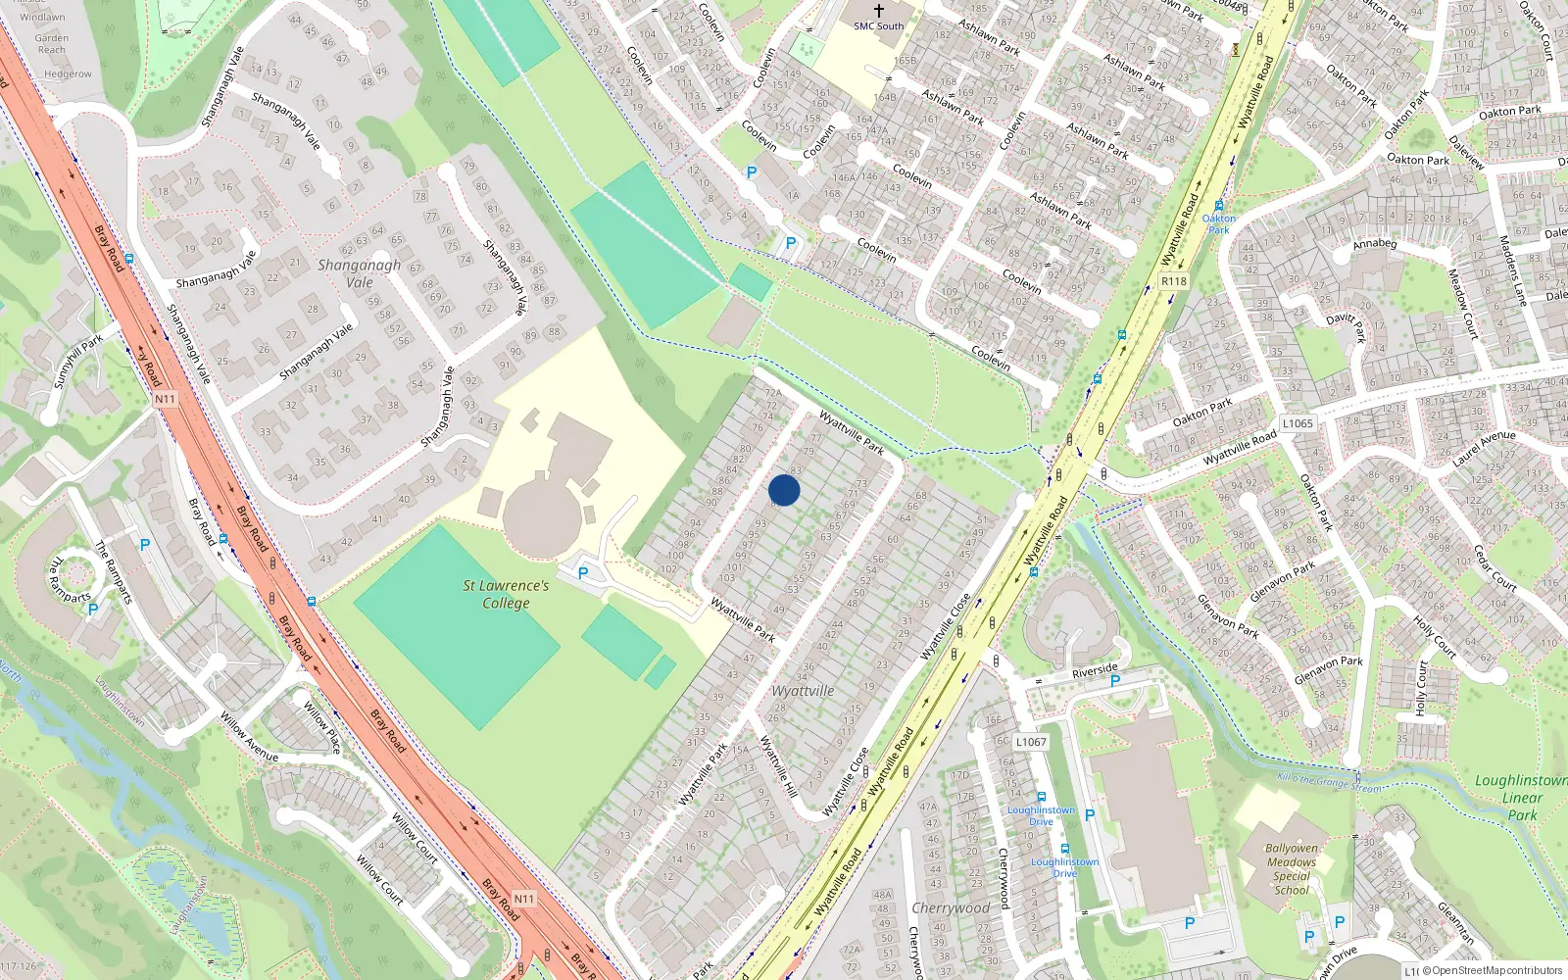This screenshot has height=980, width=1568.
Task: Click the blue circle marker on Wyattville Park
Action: click(x=784, y=490)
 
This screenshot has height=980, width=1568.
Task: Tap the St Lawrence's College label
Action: click(x=506, y=594)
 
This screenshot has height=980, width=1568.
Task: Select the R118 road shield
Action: click(x=1173, y=281)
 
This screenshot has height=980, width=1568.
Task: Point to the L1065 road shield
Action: click(x=1298, y=423)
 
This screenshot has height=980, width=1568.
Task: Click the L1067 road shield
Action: click(x=1031, y=742)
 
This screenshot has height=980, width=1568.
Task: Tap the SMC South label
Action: click(x=878, y=26)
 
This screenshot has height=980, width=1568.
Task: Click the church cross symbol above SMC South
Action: click(x=878, y=11)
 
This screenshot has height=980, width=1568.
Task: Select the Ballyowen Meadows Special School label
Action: click(x=1291, y=869)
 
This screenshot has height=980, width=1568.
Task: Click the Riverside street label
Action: click(x=1095, y=671)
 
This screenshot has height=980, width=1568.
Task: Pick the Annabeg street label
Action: click(x=1374, y=243)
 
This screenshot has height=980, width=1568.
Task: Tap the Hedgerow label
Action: click(x=68, y=73)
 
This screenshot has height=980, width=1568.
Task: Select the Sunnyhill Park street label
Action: click(x=78, y=362)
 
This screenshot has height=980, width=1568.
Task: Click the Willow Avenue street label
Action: click(x=249, y=737)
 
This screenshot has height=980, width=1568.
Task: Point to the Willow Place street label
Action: click(x=321, y=727)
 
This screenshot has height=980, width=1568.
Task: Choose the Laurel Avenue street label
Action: click(x=1484, y=447)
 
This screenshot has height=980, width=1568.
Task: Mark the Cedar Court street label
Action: click(x=1494, y=569)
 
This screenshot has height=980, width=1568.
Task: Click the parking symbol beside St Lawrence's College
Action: click(x=583, y=573)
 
